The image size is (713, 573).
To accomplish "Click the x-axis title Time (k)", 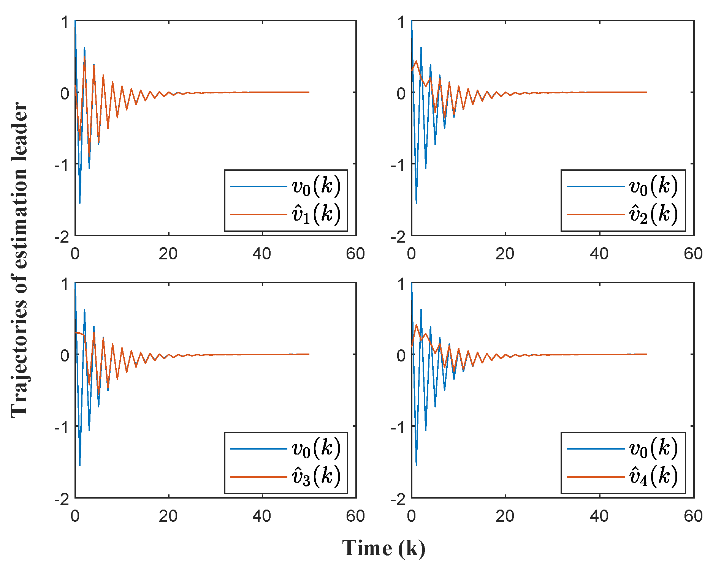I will (x=384, y=548).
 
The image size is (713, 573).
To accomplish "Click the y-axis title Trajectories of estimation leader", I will (x=19, y=260).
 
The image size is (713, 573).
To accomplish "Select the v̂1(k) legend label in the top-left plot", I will (x=316, y=215).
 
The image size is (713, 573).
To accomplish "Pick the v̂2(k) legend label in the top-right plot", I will (x=653, y=215).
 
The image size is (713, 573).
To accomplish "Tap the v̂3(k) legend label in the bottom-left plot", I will (x=316, y=477).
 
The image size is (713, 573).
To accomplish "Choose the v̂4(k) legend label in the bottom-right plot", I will (x=653, y=477).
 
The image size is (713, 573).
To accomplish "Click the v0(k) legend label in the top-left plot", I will (x=316, y=186).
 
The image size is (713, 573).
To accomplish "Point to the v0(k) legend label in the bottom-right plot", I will (x=653, y=448).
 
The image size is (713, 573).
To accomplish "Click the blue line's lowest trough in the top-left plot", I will (x=79, y=203).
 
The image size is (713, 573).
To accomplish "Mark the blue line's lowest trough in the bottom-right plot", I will (x=416, y=465).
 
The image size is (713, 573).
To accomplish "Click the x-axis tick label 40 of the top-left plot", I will (x=262, y=254).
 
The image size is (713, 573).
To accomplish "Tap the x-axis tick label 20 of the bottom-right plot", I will (x=505, y=516).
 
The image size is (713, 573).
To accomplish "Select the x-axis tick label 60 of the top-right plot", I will (x=693, y=254).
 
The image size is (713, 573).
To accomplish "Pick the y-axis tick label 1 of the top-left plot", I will (x=65, y=22).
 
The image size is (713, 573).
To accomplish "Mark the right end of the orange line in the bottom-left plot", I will (x=309, y=354).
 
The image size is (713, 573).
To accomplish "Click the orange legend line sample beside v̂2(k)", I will (x=596, y=215).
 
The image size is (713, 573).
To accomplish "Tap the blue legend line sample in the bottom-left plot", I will (x=258, y=449).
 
